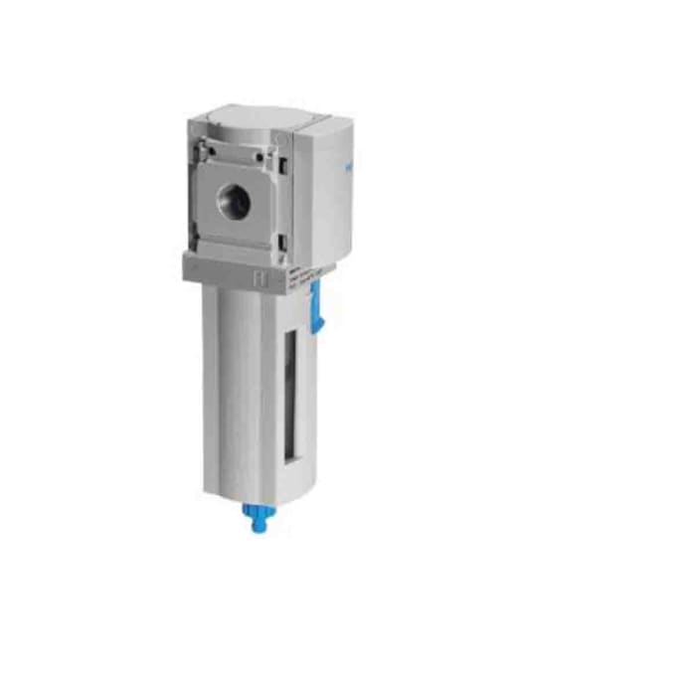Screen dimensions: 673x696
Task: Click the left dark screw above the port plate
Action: click(x=202, y=151)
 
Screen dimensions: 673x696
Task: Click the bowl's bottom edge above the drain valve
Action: click(x=261, y=494)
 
